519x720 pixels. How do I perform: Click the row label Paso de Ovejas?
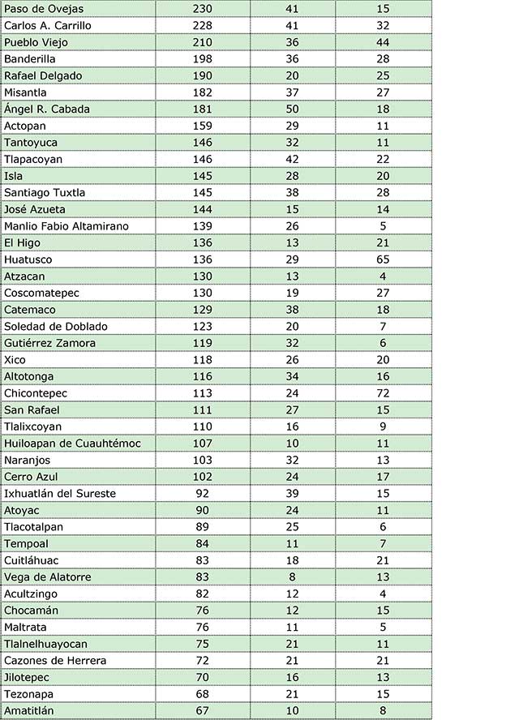tap(44, 8)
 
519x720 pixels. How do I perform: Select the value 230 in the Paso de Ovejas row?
tap(203, 8)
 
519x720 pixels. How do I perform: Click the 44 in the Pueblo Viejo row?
tap(383, 42)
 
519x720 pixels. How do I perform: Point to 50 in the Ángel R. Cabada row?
tap(292, 109)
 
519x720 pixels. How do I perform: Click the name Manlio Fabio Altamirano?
tap(66, 225)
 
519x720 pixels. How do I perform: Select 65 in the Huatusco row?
tap(383, 259)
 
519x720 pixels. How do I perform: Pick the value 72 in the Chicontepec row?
tap(383, 393)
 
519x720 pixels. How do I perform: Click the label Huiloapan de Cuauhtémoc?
tap(72, 443)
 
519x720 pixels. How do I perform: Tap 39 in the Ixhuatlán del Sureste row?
tap(292, 493)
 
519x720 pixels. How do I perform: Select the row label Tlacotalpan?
tap(33, 527)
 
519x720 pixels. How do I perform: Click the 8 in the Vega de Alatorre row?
tap(292, 576)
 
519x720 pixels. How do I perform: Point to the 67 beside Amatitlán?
tap(203, 711)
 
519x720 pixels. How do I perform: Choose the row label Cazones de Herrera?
tap(55, 661)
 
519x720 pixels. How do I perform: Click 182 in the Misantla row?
tap(203, 92)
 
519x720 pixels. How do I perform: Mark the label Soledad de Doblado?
tap(55, 326)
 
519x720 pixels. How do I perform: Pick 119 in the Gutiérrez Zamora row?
tap(203, 343)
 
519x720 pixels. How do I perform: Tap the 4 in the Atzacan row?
tap(383, 276)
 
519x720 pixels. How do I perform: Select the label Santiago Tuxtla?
tap(45, 192)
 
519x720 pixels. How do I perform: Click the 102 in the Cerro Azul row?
tap(203, 477)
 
